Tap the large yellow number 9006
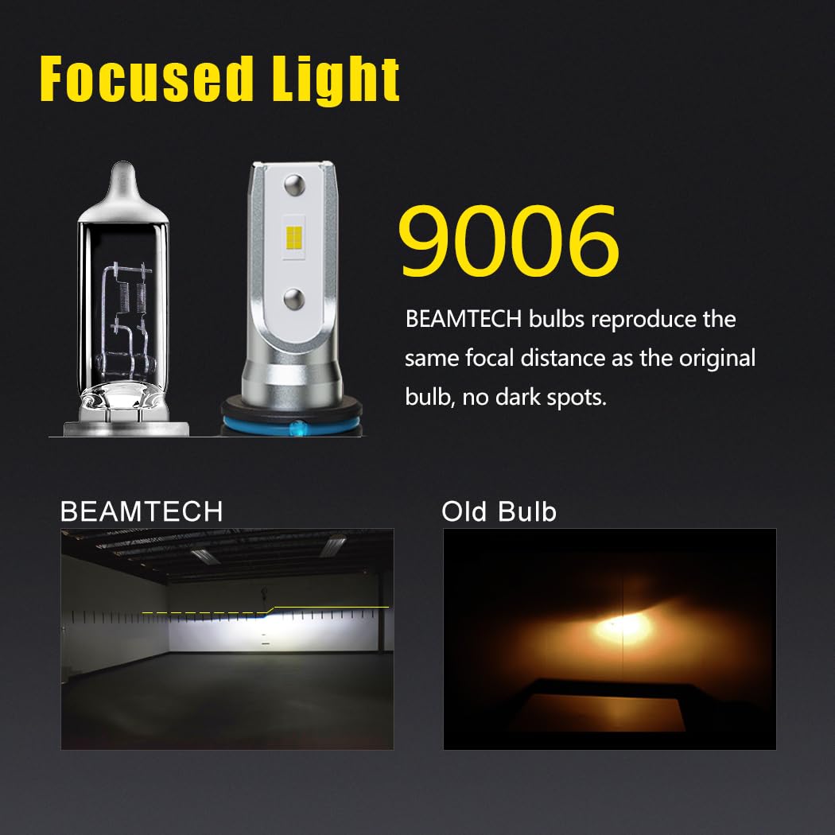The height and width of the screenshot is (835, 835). click(x=508, y=242)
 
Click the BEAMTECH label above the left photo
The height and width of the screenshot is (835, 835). click(x=142, y=511)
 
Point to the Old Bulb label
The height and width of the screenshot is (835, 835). click(x=499, y=511)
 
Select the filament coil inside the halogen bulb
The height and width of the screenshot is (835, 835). click(x=144, y=294)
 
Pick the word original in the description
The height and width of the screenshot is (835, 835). click(x=717, y=358)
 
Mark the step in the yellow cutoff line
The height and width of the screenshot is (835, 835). click(x=270, y=610)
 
